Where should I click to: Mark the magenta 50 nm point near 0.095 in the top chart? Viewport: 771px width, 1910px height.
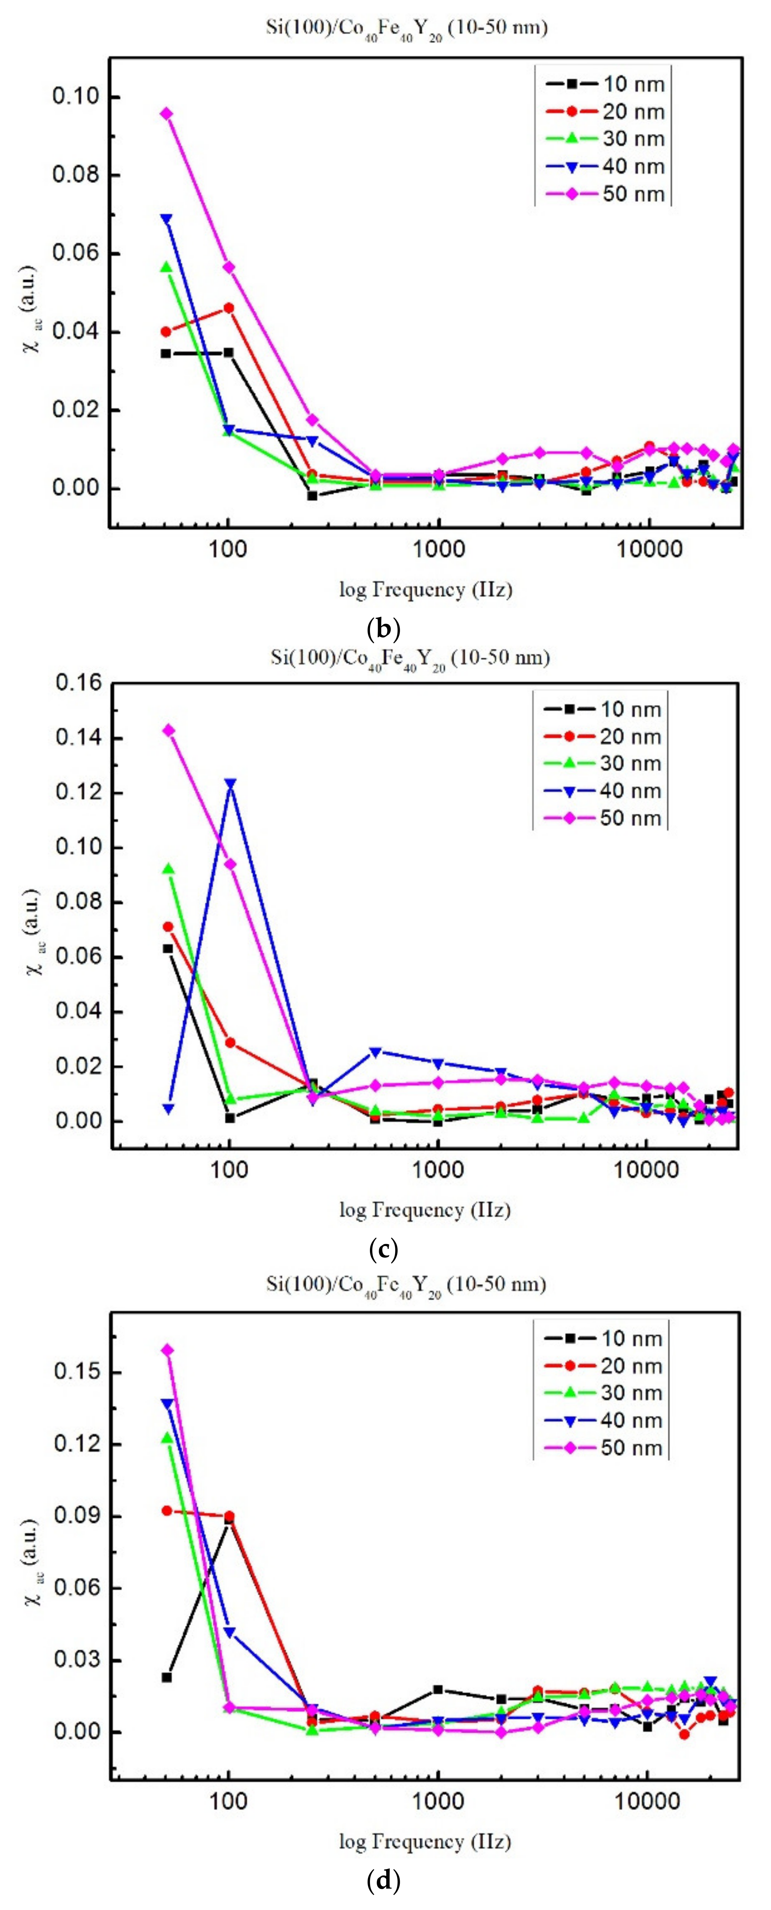pos(167,113)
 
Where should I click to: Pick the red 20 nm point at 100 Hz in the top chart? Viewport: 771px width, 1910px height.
pos(228,308)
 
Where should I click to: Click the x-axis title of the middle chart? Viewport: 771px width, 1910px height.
pos(425,1209)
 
